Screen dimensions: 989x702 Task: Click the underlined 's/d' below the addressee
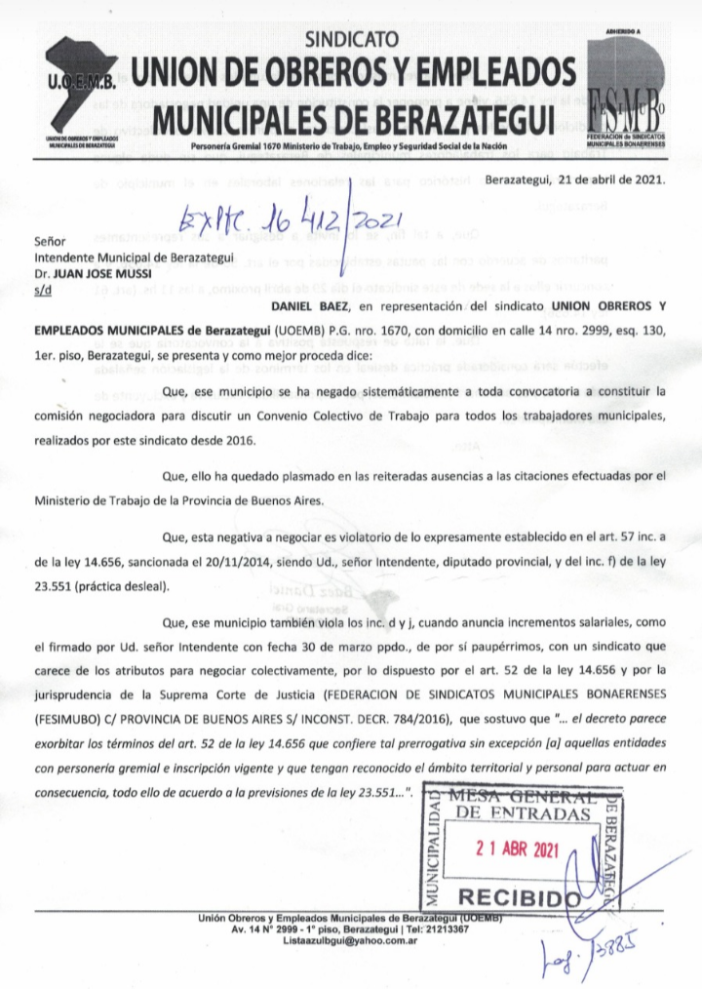pyautogui.click(x=42, y=290)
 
